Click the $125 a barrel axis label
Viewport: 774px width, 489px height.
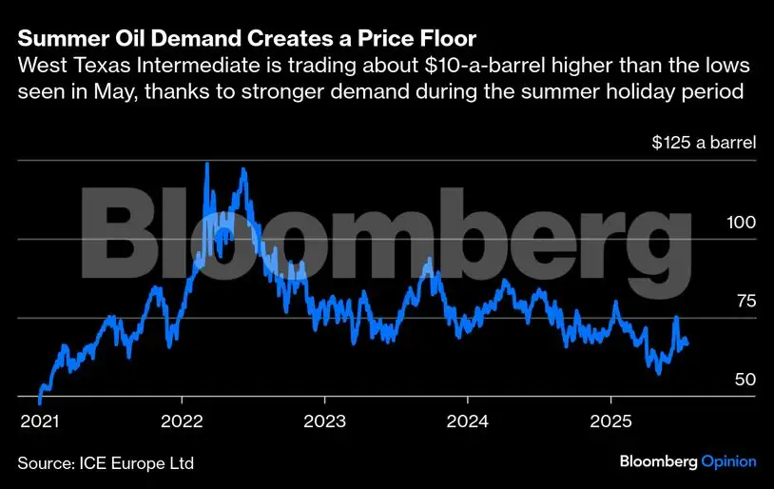click(704, 144)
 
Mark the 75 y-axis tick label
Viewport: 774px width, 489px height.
click(745, 301)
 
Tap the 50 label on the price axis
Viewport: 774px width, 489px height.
click(745, 380)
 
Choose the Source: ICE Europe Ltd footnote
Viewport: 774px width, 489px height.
click(106, 463)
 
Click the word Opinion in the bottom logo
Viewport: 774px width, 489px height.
click(728, 461)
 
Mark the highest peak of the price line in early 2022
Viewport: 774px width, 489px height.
click(207, 164)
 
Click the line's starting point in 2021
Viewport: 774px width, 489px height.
click(39, 401)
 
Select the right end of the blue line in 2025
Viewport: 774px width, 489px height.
click(688, 343)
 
